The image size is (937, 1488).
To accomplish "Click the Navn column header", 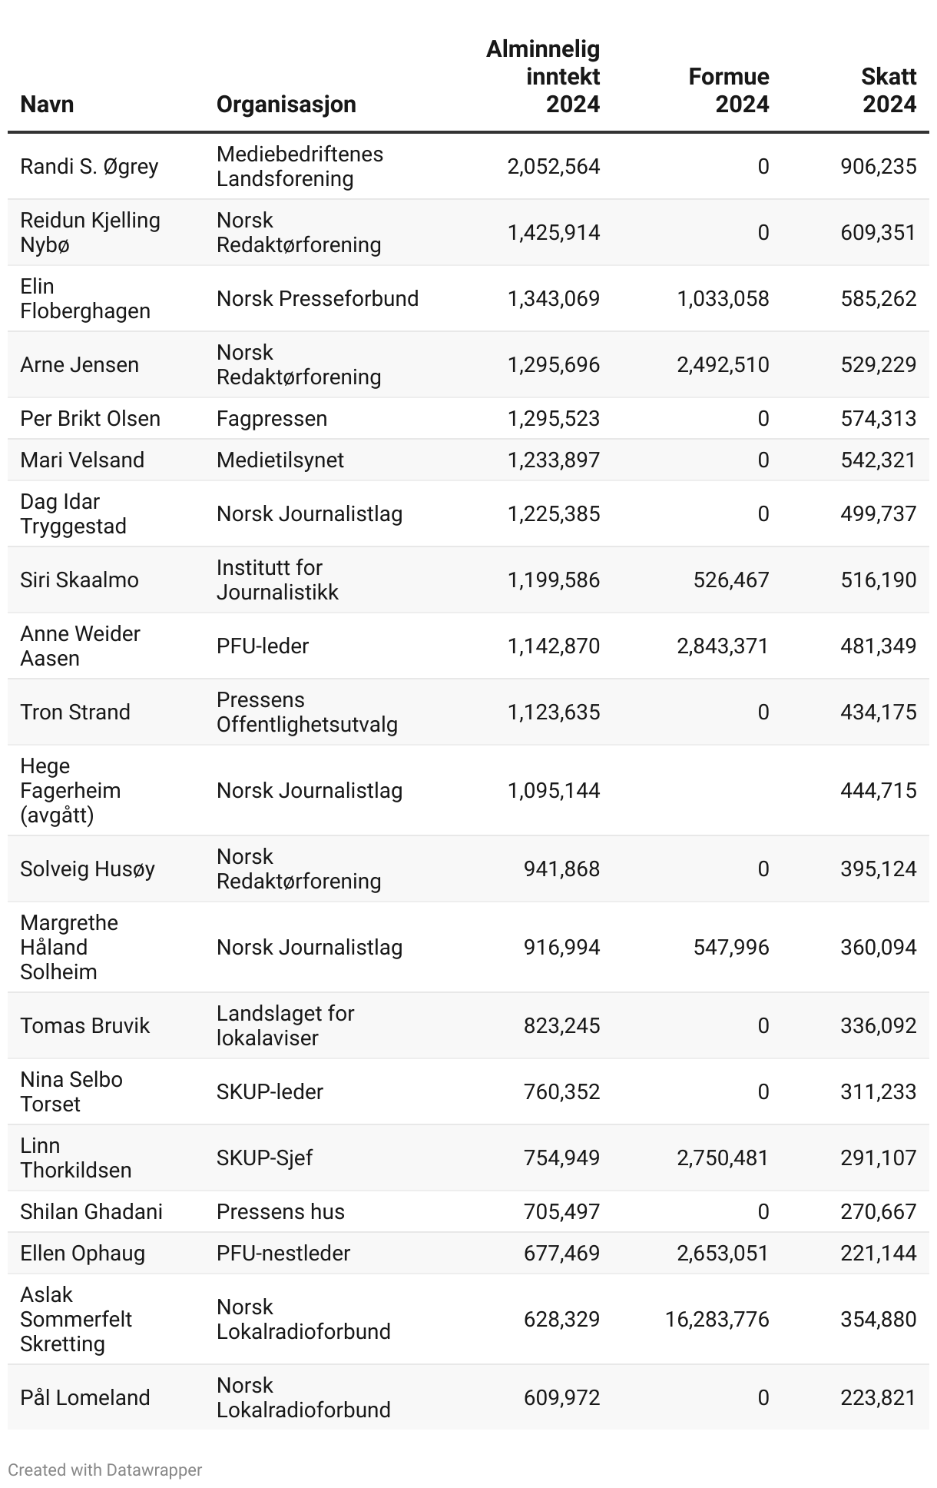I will (47, 104).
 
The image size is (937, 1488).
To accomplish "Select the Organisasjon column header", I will (286, 104).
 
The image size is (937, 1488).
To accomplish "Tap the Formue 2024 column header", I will (728, 90).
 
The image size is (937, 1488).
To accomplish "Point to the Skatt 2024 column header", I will (889, 90).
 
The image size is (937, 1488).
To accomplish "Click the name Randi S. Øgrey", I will (89, 166).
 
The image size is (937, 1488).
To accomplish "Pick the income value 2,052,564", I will (553, 166).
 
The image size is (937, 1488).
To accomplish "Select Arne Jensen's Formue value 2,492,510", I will (722, 364).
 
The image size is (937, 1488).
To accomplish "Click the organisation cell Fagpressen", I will (272, 418).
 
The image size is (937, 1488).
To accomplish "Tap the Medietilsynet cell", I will (280, 460).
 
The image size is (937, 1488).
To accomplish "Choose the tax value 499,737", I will (878, 513).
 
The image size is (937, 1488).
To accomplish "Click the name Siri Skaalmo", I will (79, 580).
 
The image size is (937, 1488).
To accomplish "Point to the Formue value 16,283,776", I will (717, 1319).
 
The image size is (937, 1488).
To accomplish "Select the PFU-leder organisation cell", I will (263, 646).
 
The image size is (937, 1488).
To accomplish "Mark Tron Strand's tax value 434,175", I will (878, 712).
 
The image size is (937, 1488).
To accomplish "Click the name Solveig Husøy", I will (88, 869).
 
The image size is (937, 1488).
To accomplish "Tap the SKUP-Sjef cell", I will (264, 1158).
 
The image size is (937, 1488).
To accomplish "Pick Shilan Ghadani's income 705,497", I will (561, 1211).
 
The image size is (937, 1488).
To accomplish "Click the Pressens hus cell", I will (280, 1211).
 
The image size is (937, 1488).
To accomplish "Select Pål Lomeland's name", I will (84, 1397).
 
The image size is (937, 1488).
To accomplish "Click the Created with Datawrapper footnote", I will (104, 1470).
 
